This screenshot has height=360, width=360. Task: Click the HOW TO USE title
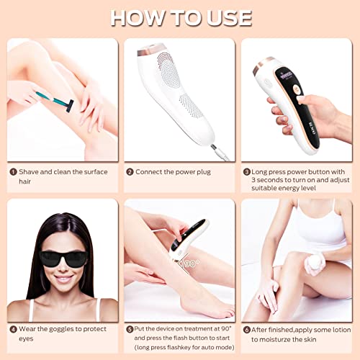point(180,17)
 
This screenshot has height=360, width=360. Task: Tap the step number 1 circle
point(13,171)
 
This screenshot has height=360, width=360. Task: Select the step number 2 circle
point(130,171)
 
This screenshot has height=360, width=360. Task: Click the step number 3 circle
point(246,171)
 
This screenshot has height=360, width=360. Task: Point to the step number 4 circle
point(13,330)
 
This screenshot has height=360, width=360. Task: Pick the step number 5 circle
point(130,330)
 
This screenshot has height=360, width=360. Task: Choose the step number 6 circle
point(246,330)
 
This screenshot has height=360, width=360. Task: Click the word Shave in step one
point(30,171)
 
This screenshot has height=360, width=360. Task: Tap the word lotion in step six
point(336,330)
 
